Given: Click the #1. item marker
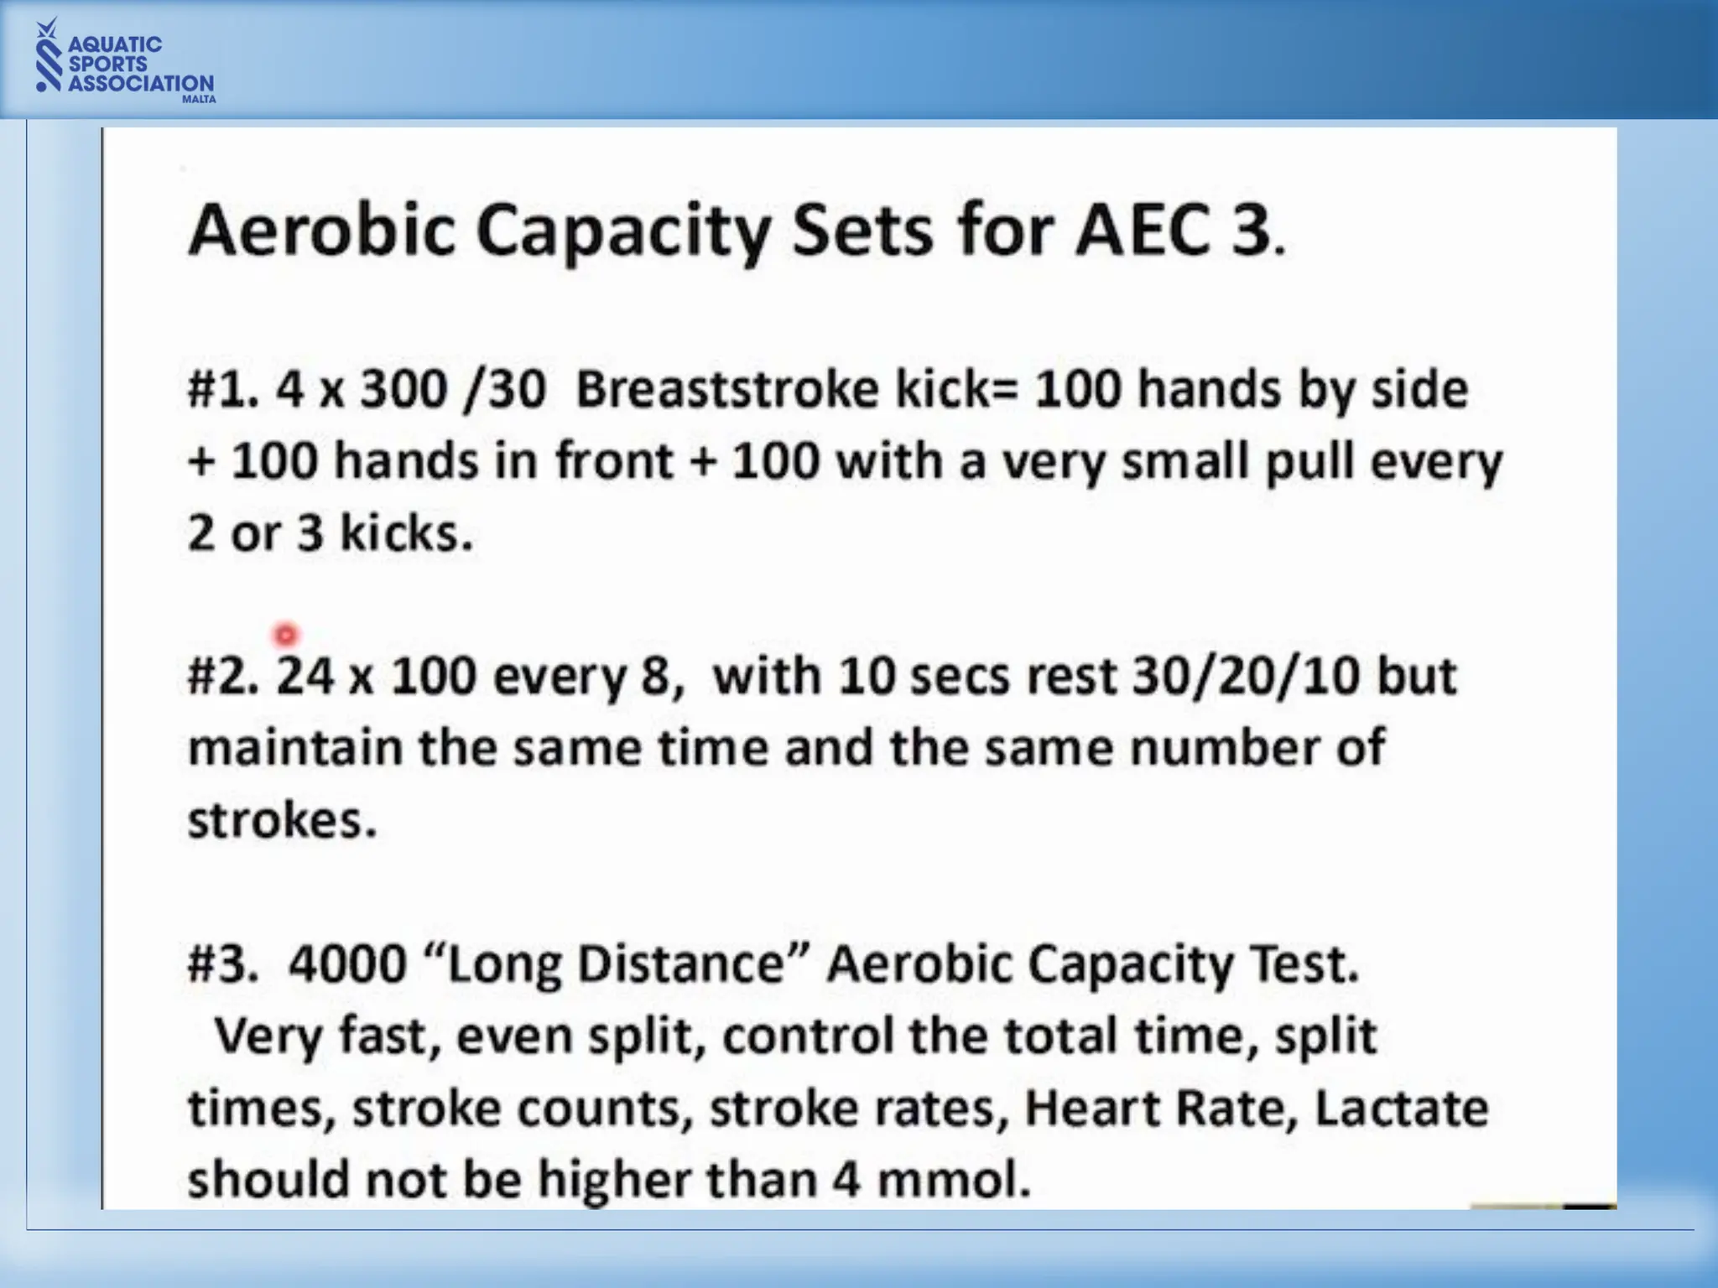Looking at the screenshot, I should coord(223,390).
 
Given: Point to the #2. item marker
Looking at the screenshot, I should coord(223,676).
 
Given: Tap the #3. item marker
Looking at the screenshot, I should coord(223,964).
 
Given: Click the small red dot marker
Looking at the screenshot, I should coord(286,635).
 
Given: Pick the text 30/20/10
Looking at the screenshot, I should coord(1245,676).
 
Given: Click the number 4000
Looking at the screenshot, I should coord(347,964).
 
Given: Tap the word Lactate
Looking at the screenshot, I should coord(1401,1109).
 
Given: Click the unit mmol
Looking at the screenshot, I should coord(953,1181).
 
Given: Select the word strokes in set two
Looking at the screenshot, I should coord(282,820).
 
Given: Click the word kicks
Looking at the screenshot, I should coord(406,533).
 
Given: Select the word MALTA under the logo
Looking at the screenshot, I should coord(199,99).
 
